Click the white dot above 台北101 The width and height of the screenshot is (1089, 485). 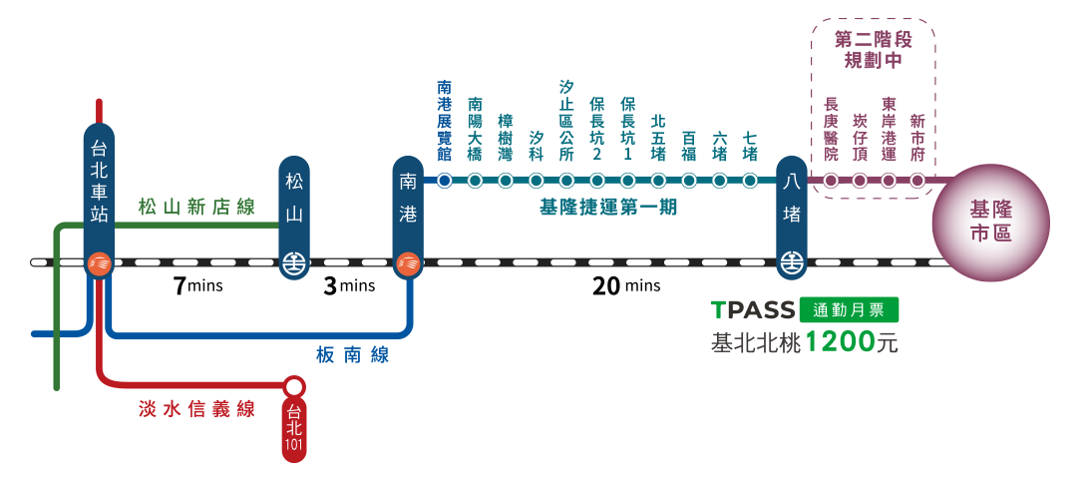(294, 386)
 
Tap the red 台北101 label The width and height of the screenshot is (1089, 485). (293, 429)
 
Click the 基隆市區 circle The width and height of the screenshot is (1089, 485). (990, 224)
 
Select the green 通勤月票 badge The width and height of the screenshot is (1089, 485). (849, 309)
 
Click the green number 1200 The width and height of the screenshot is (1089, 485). (839, 342)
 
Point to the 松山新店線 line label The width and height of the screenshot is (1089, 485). (197, 209)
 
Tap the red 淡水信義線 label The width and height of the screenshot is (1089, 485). (197, 409)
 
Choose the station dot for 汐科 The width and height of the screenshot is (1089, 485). (537, 181)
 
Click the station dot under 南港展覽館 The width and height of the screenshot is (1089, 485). (445, 181)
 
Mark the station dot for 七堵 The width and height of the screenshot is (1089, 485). (750, 181)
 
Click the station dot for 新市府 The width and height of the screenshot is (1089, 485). (917, 181)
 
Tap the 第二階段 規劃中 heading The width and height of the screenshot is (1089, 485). (874, 49)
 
